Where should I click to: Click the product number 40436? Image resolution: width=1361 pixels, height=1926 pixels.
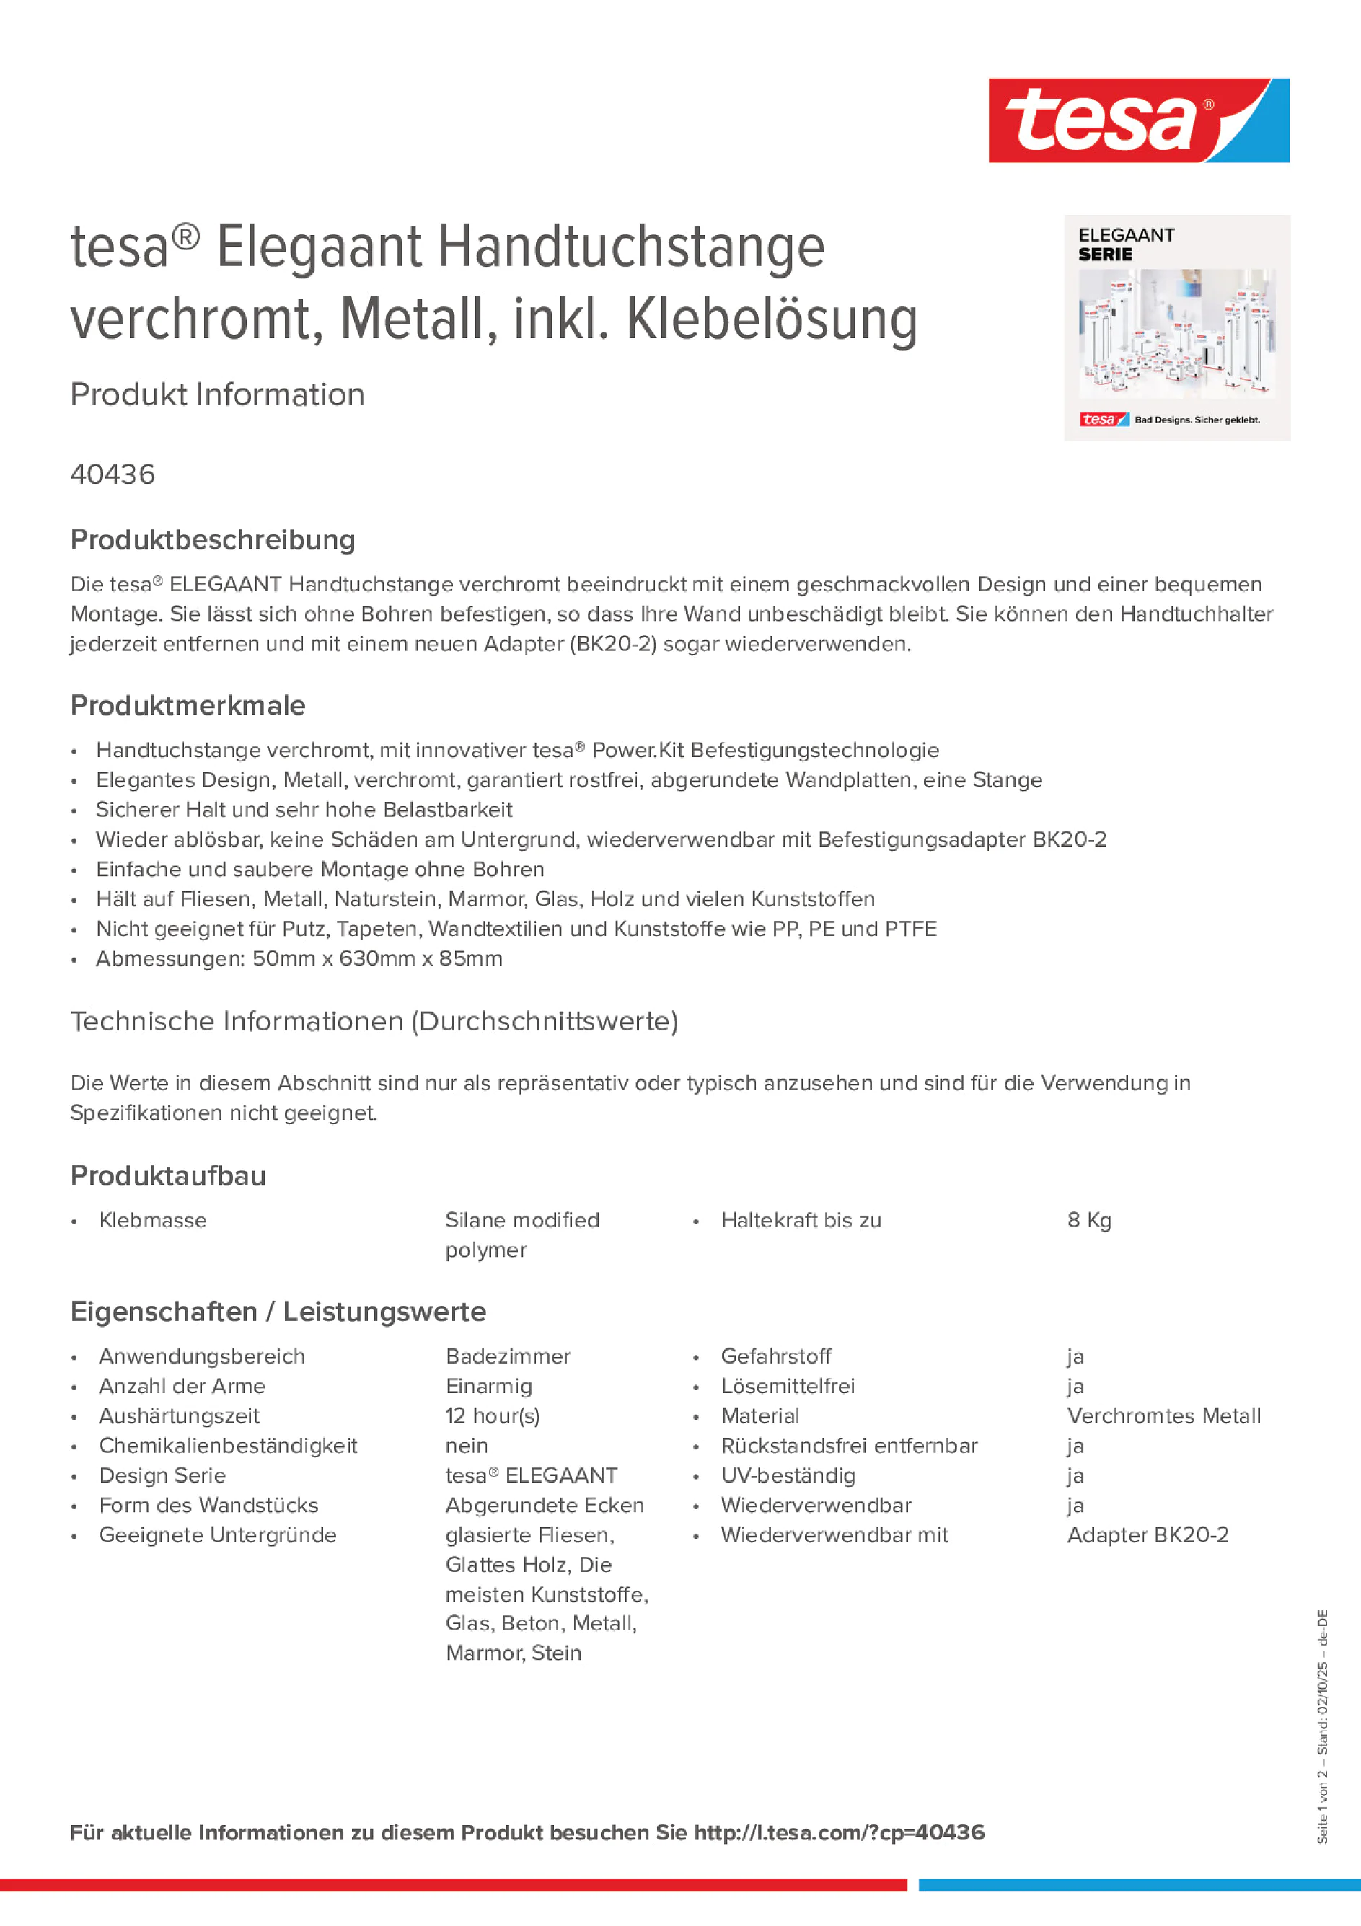[x=113, y=474]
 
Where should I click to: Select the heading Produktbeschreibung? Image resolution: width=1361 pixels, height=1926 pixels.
[x=212, y=539]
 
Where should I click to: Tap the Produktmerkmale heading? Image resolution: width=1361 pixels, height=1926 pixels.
[x=187, y=705]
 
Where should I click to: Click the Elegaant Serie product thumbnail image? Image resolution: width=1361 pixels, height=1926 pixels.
[x=1176, y=328]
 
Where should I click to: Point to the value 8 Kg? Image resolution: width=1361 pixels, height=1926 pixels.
[x=1088, y=1221]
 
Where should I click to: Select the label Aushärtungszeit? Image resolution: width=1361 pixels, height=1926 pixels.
[x=179, y=1416]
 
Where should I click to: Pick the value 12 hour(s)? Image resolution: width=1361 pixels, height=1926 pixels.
[x=493, y=1416]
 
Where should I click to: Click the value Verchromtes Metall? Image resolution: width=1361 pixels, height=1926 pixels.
[x=1163, y=1416]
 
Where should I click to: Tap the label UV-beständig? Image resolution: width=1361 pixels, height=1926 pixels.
[x=788, y=1475]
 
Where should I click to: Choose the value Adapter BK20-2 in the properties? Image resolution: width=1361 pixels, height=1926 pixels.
[x=1147, y=1535]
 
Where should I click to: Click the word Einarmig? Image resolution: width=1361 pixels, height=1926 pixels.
[x=488, y=1387]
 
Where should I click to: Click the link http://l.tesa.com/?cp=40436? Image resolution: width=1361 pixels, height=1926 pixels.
[x=839, y=1833]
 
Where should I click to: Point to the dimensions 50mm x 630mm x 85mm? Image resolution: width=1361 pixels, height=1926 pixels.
[x=376, y=959]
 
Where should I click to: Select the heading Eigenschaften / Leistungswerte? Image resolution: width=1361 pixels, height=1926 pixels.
[x=278, y=1312]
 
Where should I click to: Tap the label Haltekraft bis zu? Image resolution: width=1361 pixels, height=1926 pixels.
[x=801, y=1221]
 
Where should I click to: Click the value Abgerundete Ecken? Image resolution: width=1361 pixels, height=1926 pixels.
[x=545, y=1506]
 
